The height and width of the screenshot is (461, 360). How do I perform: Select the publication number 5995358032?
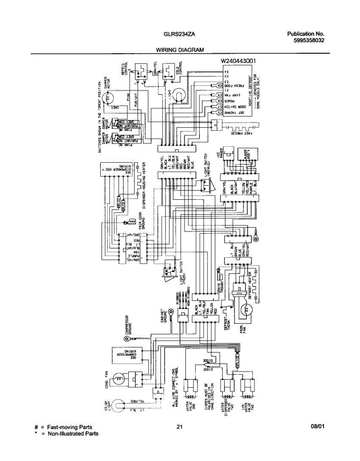click(305, 40)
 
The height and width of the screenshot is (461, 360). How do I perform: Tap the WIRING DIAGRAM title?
click(179, 50)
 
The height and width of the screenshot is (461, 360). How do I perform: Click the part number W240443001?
click(238, 61)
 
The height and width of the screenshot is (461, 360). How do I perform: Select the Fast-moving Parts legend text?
click(70, 427)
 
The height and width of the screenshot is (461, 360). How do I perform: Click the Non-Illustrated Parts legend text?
click(73, 434)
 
